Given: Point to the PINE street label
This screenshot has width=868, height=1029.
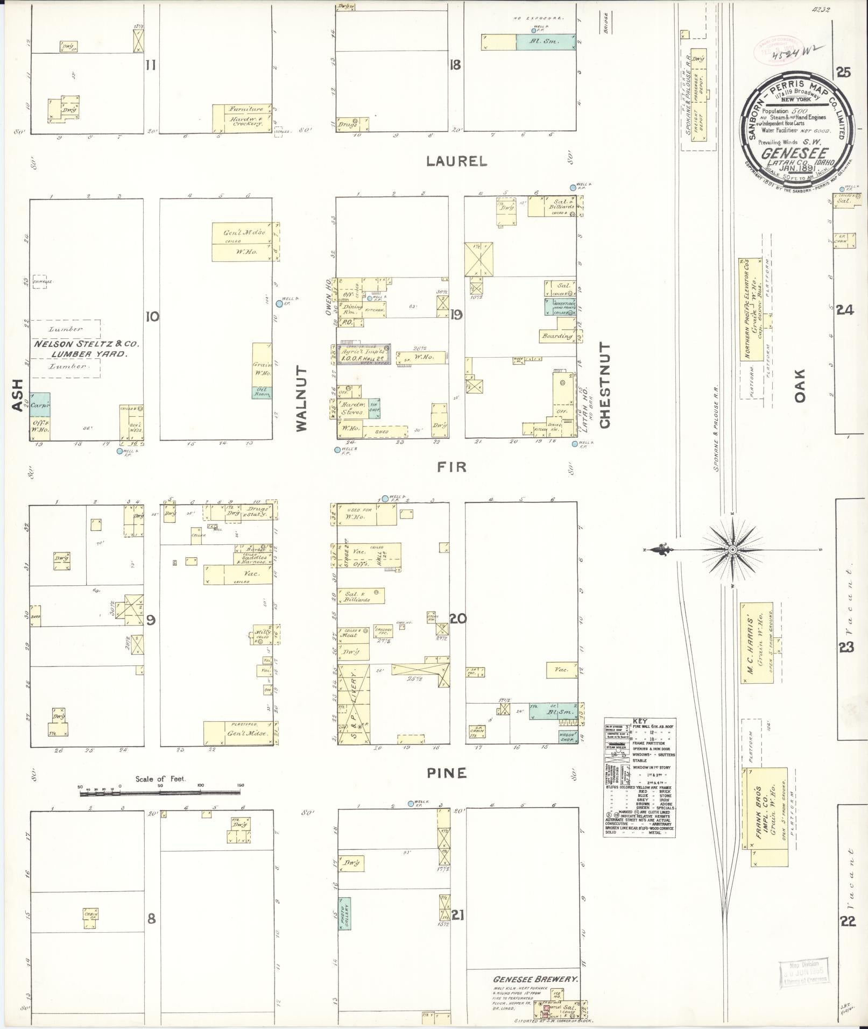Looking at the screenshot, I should [x=447, y=773].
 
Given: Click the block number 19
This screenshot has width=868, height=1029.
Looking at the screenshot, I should [x=456, y=315].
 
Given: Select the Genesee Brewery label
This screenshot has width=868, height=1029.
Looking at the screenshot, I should [x=535, y=980].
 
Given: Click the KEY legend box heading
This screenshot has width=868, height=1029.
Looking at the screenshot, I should [x=639, y=721].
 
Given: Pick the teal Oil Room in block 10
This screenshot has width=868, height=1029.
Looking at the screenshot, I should [x=262, y=392].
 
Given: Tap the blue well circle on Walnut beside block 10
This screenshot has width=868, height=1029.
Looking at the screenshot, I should [x=279, y=303].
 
